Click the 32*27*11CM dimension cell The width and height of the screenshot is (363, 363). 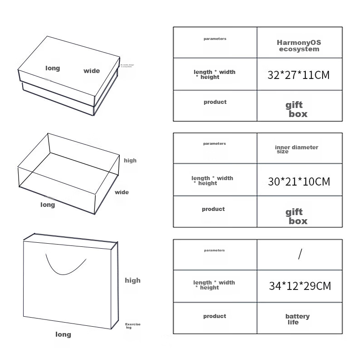299,75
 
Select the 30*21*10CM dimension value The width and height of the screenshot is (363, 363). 299,181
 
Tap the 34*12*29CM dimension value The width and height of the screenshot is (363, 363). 299,286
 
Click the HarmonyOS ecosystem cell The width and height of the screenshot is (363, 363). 299,46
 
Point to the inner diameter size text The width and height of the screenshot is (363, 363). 296,149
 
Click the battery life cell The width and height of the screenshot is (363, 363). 297,319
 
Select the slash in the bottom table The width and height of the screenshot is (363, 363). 299,254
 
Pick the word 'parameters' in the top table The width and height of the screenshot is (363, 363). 215,39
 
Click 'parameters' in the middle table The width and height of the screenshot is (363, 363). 214,144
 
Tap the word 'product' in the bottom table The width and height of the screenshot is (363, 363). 215,316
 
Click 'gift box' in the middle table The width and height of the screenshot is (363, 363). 296,216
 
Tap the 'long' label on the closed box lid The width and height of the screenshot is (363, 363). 53,69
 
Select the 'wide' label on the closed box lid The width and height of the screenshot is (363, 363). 92,71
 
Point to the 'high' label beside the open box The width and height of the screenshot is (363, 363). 130,161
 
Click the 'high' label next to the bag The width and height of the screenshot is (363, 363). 132,280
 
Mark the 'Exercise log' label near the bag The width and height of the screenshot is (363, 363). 132,326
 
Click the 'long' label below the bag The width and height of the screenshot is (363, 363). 63,334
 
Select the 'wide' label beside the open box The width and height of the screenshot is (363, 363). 122,192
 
